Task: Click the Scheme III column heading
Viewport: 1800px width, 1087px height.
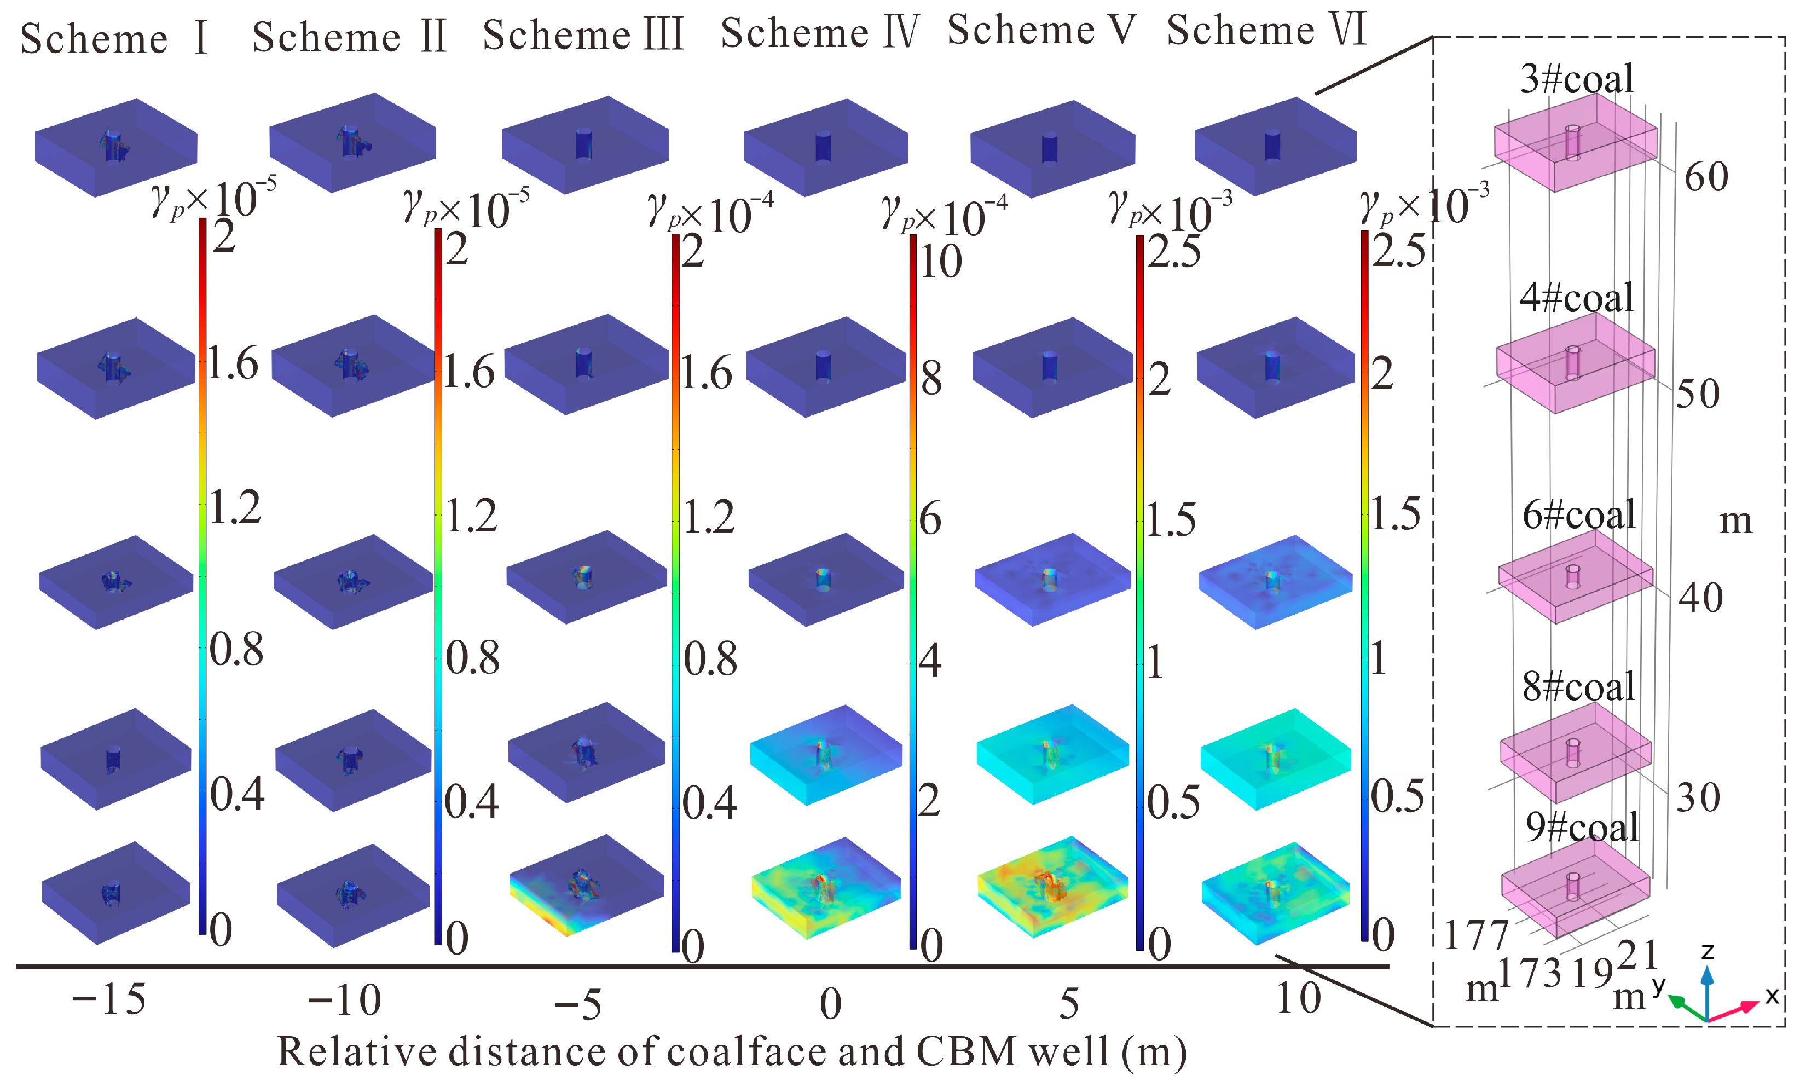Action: point(583,35)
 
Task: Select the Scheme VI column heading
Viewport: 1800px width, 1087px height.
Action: point(1265,31)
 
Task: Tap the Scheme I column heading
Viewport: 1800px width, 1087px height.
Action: point(114,38)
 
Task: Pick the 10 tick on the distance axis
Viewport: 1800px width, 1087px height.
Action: point(1298,998)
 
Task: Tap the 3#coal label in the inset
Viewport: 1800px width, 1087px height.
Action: point(1577,79)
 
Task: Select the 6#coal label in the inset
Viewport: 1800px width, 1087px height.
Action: point(1578,515)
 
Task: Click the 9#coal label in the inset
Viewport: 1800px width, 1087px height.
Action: point(1582,828)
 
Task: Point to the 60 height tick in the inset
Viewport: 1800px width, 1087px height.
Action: point(1706,177)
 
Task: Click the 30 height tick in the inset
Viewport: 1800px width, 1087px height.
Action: point(1698,797)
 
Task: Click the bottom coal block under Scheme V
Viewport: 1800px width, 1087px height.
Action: point(1052,886)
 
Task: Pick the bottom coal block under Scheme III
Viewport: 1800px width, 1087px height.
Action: point(586,886)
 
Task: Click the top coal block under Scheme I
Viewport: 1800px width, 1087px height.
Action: point(115,148)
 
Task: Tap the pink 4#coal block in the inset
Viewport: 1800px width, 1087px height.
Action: point(1575,363)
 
